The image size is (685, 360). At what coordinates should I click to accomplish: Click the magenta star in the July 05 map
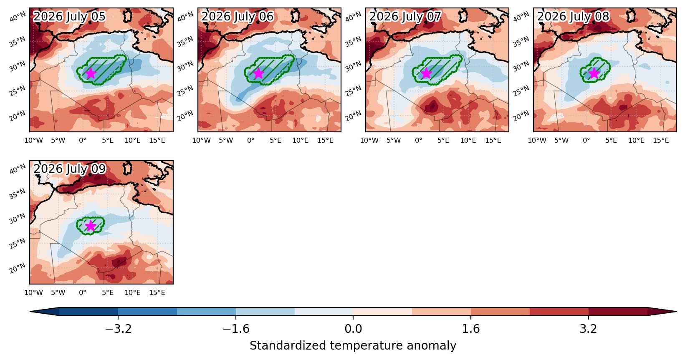pyautogui.click(x=91, y=73)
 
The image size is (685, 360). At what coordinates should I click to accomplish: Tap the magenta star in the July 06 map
pyautogui.click(x=258, y=73)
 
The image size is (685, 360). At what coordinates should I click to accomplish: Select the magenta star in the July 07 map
pyautogui.click(x=426, y=73)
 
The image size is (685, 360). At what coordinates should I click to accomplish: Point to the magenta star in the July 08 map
pyautogui.click(x=594, y=73)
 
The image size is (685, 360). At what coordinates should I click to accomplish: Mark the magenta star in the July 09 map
pyautogui.click(x=91, y=226)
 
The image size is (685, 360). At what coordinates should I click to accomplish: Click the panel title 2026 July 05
pyautogui.click(x=69, y=17)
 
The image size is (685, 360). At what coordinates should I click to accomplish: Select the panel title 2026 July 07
pyautogui.click(x=405, y=17)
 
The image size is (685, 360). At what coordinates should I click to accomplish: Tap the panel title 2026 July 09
pyautogui.click(x=69, y=169)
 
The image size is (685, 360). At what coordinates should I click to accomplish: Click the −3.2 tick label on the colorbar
pyautogui.click(x=118, y=329)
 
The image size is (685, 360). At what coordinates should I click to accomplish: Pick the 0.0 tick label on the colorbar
pyautogui.click(x=353, y=329)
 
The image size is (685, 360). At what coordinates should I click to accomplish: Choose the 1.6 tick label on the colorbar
pyautogui.click(x=470, y=329)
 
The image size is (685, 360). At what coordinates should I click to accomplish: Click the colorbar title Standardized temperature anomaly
pyautogui.click(x=353, y=346)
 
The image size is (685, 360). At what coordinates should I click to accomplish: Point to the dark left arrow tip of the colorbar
pyautogui.click(x=30, y=312)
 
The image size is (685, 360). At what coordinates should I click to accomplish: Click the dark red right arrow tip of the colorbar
pyautogui.click(x=676, y=312)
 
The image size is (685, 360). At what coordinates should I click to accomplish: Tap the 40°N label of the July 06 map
pyautogui.click(x=185, y=17)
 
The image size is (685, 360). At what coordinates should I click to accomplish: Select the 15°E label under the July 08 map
pyautogui.click(x=661, y=140)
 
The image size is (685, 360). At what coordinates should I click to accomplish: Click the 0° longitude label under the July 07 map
pyautogui.click(x=418, y=140)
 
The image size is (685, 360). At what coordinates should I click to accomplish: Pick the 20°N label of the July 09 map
pyautogui.click(x=18, y=268)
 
